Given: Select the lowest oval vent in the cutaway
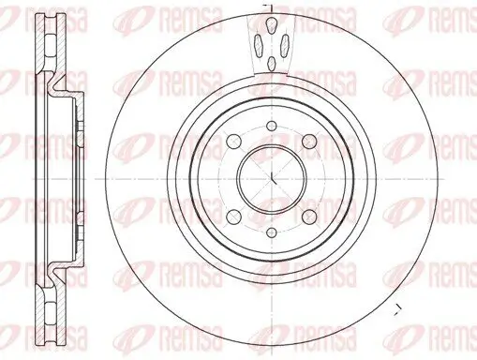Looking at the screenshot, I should (270, 64).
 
